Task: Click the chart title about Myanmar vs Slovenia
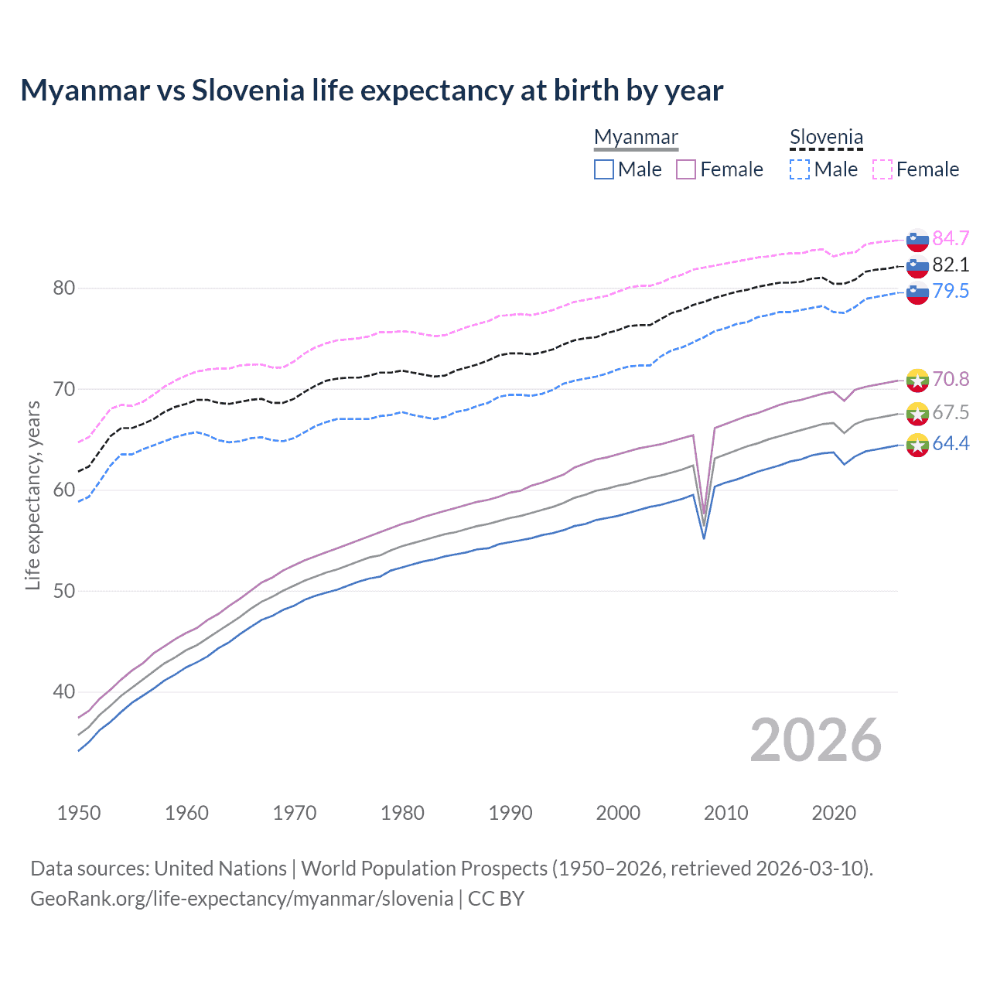[x=371, y=90]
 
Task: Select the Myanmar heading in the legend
[x=636, y=138]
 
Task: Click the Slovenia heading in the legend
[x=826, y=138]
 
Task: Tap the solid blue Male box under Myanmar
[x=604, y=169]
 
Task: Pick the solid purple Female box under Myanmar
[x=686, y=169]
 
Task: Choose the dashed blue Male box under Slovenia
[x=800, y=169]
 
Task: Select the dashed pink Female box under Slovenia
[x=882, y=169]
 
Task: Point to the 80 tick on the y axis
[x=64, y=288]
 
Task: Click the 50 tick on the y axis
[x=64, y=591]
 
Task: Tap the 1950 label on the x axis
[x=79, y=813]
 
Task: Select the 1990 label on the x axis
[x=510, y=813]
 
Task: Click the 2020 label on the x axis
[x=834, y=813]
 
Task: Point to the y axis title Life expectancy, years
[x=33, y=495]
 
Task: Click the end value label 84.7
[x=951, y=238]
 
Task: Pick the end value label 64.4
[x=951, y=444]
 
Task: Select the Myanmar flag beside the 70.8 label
[x=917, y=380]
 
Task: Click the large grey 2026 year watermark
[x=816, y=740]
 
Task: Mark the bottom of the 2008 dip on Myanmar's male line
[x=704, y=538]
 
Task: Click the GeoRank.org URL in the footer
[x=241, y=899]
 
